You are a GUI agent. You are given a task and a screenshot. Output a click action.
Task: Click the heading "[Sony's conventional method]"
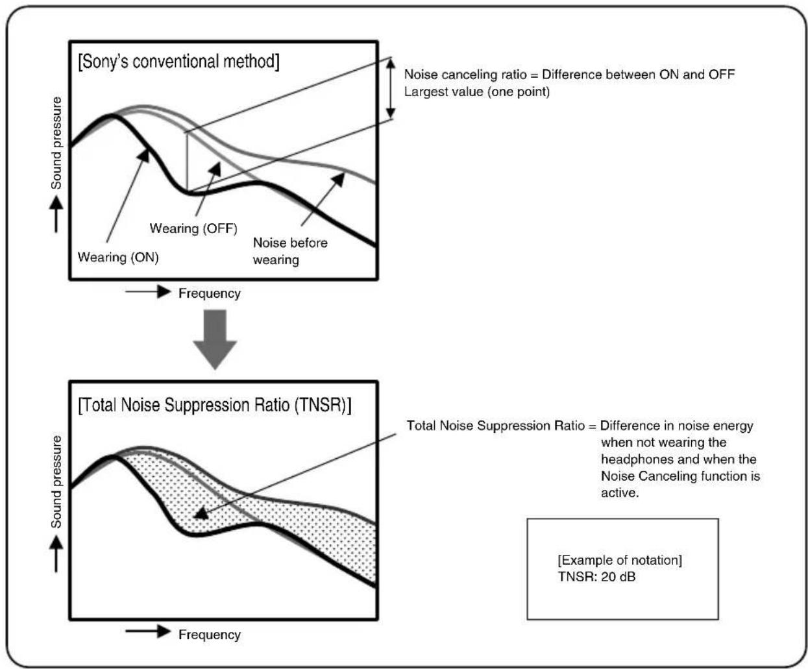click(x=178, y=62)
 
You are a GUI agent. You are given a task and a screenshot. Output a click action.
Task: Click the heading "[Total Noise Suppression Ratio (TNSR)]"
click(x=214, y=406)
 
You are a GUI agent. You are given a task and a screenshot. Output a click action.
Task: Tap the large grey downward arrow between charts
click(x=215, y=339)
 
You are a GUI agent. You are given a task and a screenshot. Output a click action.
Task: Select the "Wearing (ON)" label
click(x=118, y=258)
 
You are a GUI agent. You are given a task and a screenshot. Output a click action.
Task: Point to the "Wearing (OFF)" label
click(x=193, y=228)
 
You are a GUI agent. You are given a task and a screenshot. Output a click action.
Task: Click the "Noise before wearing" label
click(x=289, y=251)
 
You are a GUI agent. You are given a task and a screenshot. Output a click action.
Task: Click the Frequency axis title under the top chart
click(x=209, y=293)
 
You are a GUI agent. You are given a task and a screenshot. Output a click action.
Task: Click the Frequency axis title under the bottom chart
click(x=209, y=635)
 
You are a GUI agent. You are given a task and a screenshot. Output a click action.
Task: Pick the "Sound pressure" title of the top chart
click(x=56, y=143)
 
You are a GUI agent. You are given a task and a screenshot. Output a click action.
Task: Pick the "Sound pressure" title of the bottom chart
click(x=56, y=481)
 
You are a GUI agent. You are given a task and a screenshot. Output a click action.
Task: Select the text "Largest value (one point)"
click(x=476, y=91)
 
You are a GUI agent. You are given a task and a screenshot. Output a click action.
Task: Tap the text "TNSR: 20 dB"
click(x=596, y=577)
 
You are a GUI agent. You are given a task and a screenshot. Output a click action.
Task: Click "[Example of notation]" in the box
click(x=620, y=560)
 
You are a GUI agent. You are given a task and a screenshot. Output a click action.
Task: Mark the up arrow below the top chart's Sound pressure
click(x=56, y=213)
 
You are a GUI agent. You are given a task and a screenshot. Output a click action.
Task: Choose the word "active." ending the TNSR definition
click(x=620, y=493)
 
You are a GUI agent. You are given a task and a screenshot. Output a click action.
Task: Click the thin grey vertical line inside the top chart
click(x=188, y=162)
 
